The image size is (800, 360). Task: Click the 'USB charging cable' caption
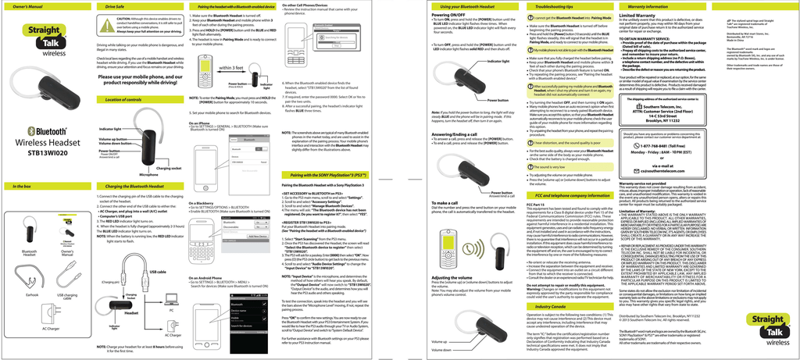(x=68, y=297)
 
